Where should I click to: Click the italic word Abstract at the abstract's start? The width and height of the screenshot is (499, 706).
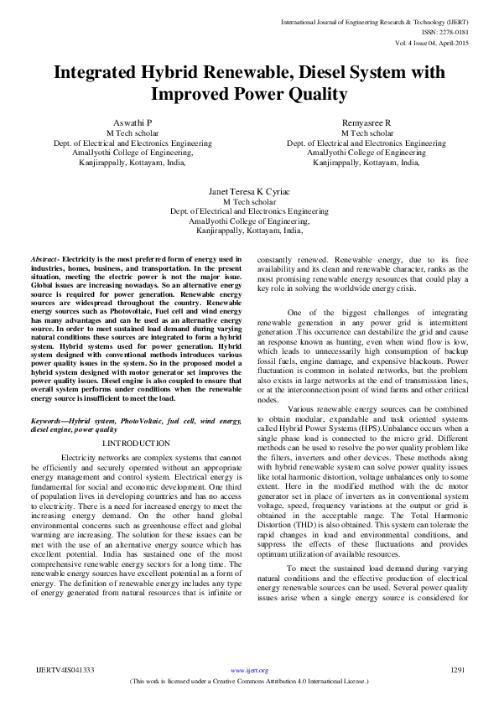click(44, 261)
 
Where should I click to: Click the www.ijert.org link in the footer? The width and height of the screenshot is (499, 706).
click(249, 671)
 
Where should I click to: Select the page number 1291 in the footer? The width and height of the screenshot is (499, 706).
click(457, 671)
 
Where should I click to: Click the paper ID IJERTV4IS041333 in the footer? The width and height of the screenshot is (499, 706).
click(65, 671)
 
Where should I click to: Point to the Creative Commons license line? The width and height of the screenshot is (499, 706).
click(249, 682)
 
